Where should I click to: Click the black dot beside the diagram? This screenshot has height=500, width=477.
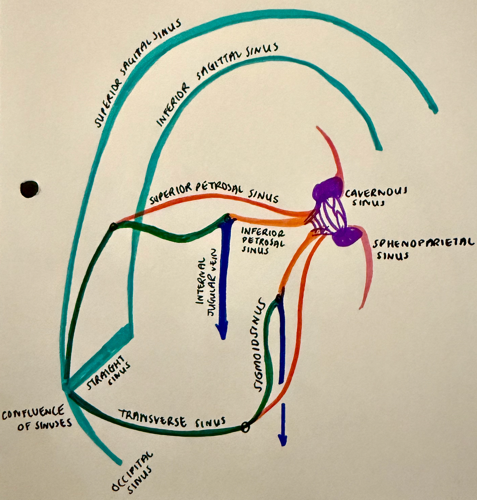pos(29,189)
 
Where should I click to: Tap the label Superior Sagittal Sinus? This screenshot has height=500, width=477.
pos(137,74)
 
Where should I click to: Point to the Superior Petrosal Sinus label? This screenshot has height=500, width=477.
pos(214,193)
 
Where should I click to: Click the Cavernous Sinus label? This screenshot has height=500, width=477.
pos(375,197)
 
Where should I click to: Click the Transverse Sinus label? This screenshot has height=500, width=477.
pos(172,420)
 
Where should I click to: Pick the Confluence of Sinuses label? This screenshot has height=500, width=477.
pos(36,419)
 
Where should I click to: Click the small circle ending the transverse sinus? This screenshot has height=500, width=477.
pos(245,427)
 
